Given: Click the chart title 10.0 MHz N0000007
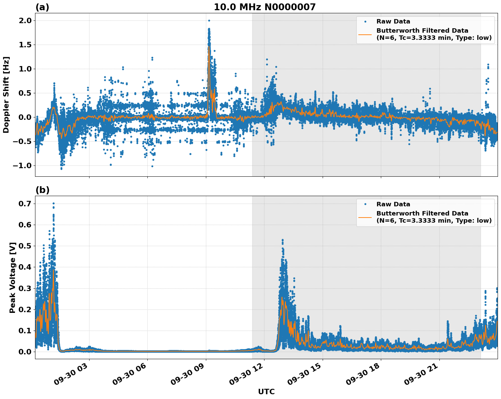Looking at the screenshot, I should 264,7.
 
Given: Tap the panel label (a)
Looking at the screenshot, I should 42,7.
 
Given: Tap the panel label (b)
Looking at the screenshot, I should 43,190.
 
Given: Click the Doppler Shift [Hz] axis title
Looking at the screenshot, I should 6,95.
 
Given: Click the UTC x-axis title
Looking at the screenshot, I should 266,392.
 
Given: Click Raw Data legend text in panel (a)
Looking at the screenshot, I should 393,21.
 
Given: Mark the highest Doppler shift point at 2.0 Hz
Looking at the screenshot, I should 209,20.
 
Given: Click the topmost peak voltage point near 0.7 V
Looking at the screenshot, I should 53,203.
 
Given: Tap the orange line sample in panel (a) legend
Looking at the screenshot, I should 365,34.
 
